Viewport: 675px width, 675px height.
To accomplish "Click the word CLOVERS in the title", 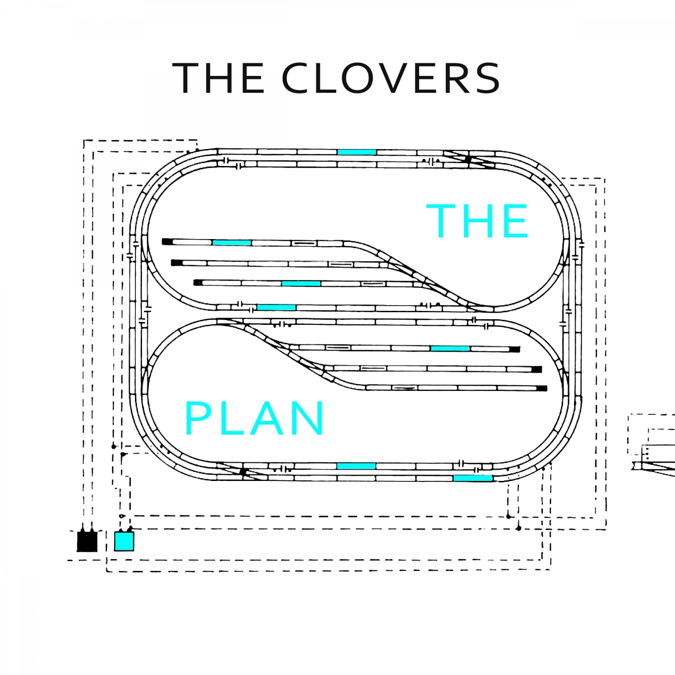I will [391, 78].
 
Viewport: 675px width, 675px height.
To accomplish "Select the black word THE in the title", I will [219, 78].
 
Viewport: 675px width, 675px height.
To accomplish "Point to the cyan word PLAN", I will [255, 418].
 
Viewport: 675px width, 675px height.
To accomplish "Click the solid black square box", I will [87, 541].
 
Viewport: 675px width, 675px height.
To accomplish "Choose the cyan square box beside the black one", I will [124, 541].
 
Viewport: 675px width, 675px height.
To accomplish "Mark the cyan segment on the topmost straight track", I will [357, 152].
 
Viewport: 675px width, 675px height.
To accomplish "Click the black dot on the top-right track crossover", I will [468, 159].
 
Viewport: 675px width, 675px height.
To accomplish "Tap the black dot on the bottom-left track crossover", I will [243, 472].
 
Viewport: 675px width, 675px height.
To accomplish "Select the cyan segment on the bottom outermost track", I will [472, 478].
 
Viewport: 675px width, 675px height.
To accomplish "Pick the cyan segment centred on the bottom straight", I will [356, 466].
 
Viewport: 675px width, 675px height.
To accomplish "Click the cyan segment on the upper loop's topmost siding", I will [232, 242].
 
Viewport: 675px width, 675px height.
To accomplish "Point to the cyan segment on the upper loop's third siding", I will [301, 284].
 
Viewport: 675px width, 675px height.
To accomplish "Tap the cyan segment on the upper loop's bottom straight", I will [276, 307].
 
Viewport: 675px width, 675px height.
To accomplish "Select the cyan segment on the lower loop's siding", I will [450, 349].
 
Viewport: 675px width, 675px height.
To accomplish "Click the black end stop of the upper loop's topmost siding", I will [167, 241].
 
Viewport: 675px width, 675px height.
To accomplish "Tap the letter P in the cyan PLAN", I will [197, 418].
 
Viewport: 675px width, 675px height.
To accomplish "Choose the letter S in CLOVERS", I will [488, 78].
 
